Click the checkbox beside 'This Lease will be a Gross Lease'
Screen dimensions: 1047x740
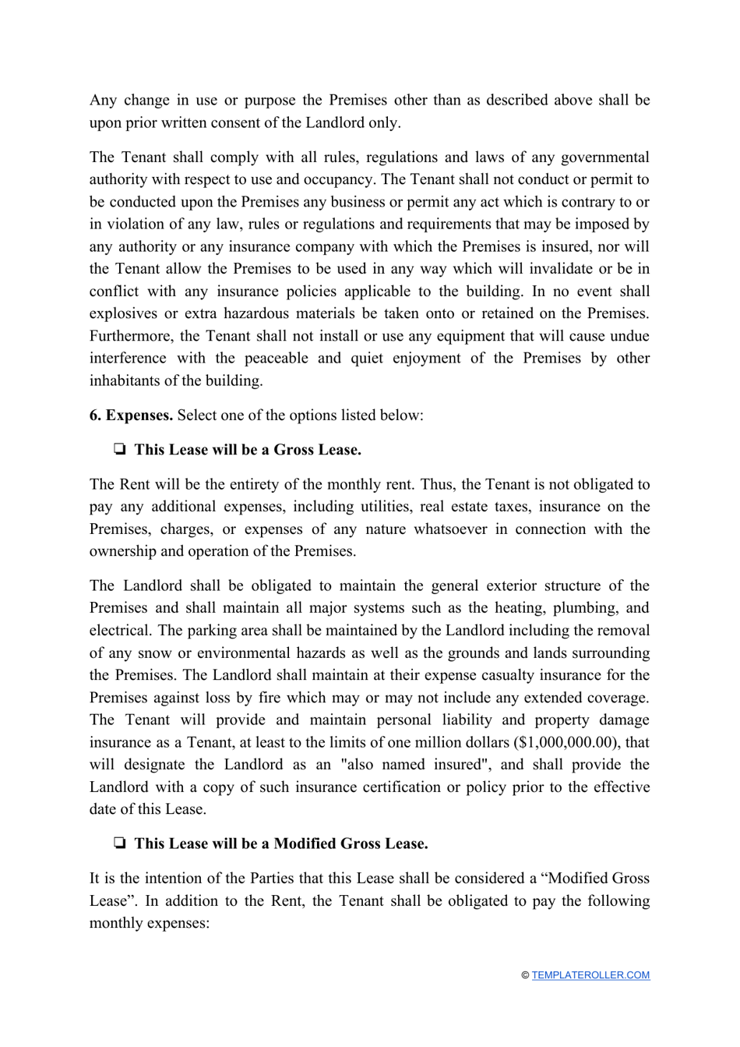[120, 450]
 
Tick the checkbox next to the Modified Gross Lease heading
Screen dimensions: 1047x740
[120, 844]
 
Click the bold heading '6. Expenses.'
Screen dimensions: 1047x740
[131, 415]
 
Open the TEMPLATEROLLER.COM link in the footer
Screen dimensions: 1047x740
[590, 975]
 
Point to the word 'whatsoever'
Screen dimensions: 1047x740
[451, 529]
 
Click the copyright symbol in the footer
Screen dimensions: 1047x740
[525, 975]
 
